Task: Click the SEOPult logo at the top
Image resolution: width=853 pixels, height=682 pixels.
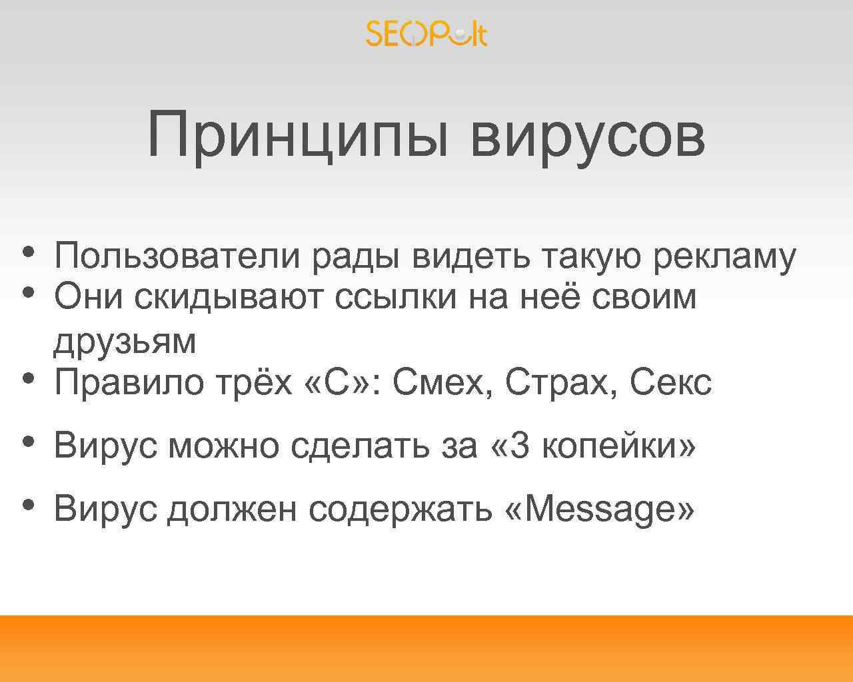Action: tap(426, 33)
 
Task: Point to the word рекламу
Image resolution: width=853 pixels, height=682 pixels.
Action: tap(724, 257)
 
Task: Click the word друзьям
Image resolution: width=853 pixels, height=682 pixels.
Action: tap(125, 341)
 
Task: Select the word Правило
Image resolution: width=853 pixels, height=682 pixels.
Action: tap(129, 382)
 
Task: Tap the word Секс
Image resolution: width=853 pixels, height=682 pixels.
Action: tap(670, 382)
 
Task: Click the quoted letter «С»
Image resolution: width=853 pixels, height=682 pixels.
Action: tap(337, 382)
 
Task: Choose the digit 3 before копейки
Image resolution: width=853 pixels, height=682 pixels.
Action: tap(520, 445)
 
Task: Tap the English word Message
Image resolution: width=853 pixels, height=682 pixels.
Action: tap(600, 510)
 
